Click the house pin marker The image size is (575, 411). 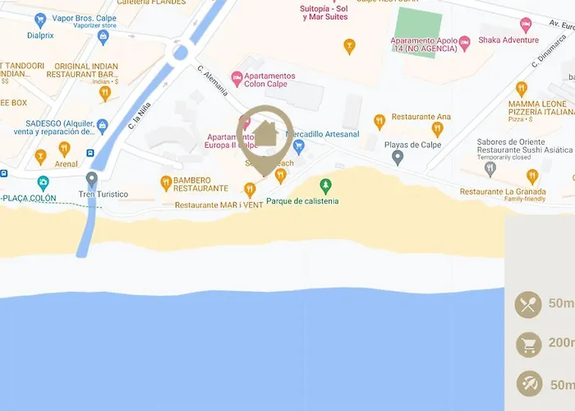click(x=264, y=136)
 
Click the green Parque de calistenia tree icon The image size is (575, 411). click(x=326, y=185)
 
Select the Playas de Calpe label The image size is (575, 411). click(x=412, y=145)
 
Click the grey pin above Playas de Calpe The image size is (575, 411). click(x=398, y=158)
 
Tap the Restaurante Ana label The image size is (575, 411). click(x=421, y=117)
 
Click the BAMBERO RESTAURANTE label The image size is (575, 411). click(x=201, y=184)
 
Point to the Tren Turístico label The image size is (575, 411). click(x=103, y=194)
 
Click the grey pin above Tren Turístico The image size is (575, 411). click(x=92, y=178)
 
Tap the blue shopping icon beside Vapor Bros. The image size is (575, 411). click(x=39, y=20)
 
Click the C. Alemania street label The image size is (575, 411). click(x=211, y=81)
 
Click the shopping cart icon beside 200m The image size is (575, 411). click(x=528, y=344)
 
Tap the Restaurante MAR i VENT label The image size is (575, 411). click(x=219, y=205)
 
